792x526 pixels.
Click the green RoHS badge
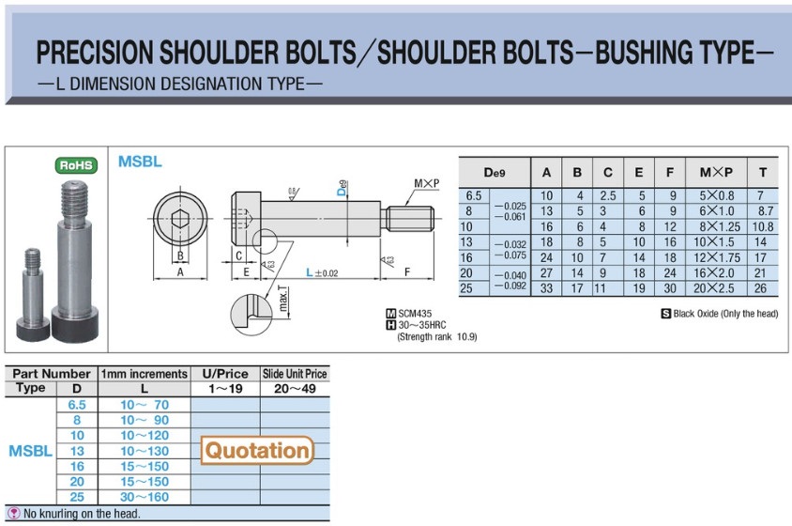78,165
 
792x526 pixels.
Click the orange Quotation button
257,451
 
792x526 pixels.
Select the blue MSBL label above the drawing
140,162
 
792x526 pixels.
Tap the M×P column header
716,173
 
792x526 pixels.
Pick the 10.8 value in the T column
763,227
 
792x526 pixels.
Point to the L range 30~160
145,497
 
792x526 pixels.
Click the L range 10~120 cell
145,435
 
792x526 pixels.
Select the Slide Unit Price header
295,374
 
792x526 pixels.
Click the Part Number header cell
52,374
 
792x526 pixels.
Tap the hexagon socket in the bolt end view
178,220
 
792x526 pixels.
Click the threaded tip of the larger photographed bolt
75,200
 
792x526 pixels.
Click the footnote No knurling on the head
82,514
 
